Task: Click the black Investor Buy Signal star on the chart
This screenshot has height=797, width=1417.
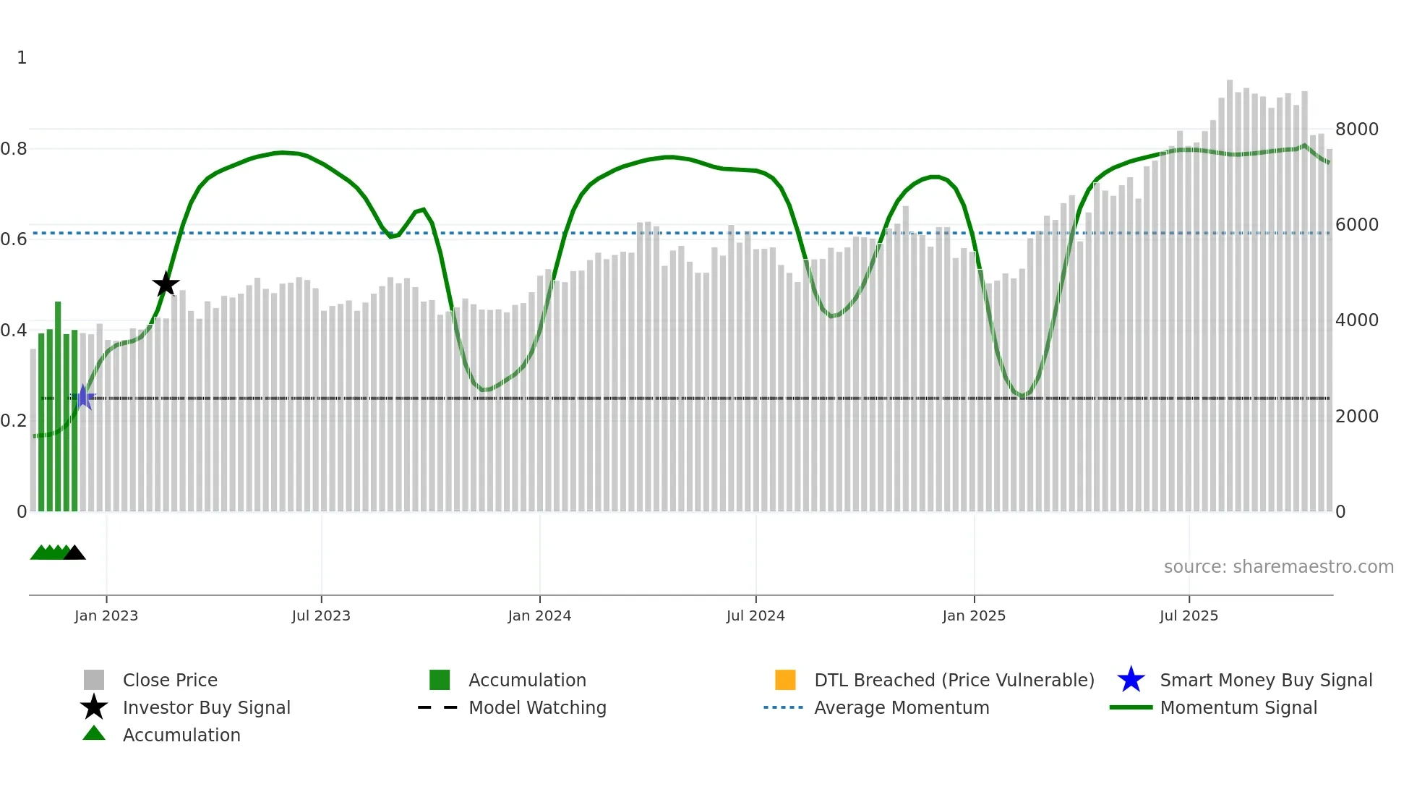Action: tap(166, 284)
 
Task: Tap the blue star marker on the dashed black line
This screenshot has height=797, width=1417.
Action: tap(83, 397)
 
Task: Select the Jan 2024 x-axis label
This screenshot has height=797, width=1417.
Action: tap(539, 615)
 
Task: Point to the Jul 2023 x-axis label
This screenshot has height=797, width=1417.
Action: tap(321, 615)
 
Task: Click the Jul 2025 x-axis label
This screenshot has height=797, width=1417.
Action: tap(1189, 615)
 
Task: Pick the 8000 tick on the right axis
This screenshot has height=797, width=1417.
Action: tap(1356, 129)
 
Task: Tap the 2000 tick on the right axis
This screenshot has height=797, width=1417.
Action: tap(1356, 417)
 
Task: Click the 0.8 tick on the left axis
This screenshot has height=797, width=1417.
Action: tap(14, 149)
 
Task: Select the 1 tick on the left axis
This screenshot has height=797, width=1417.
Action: tap(22, 58)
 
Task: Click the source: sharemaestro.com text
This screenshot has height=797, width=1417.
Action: tap(1278, 567)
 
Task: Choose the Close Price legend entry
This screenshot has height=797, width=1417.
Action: tap(170, 680)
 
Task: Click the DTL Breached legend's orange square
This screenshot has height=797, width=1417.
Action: tap(785, 680)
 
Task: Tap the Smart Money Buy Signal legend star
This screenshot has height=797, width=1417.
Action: tap(1131, 680)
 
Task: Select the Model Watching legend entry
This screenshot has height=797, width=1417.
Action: tap(537, 707)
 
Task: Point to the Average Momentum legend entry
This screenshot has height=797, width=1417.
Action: tap(902, 707)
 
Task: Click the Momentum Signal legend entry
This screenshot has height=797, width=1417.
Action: tap(1238, 707)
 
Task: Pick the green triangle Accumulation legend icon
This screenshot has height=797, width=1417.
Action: tap(94, 733)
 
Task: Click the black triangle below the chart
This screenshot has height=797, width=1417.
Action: tap(74, 553)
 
